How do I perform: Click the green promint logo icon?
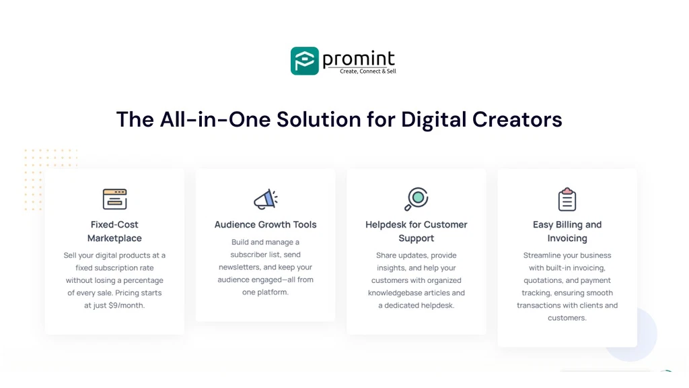click(304, 61)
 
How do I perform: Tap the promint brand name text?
click(358, 59)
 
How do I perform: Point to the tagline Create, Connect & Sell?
click(367, 71)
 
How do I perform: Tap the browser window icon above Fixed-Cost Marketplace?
click(114, 199)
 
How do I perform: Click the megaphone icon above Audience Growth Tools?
click(265, 199)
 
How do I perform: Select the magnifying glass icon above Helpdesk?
click(416, 199)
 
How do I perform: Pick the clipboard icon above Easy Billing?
click(567, 199)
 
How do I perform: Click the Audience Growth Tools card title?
click(265, 225)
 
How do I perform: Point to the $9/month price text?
click(126, 305)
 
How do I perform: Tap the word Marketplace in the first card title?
click(114, 238)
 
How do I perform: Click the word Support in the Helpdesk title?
click(416, 238)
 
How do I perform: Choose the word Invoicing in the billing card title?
click(567, 238)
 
